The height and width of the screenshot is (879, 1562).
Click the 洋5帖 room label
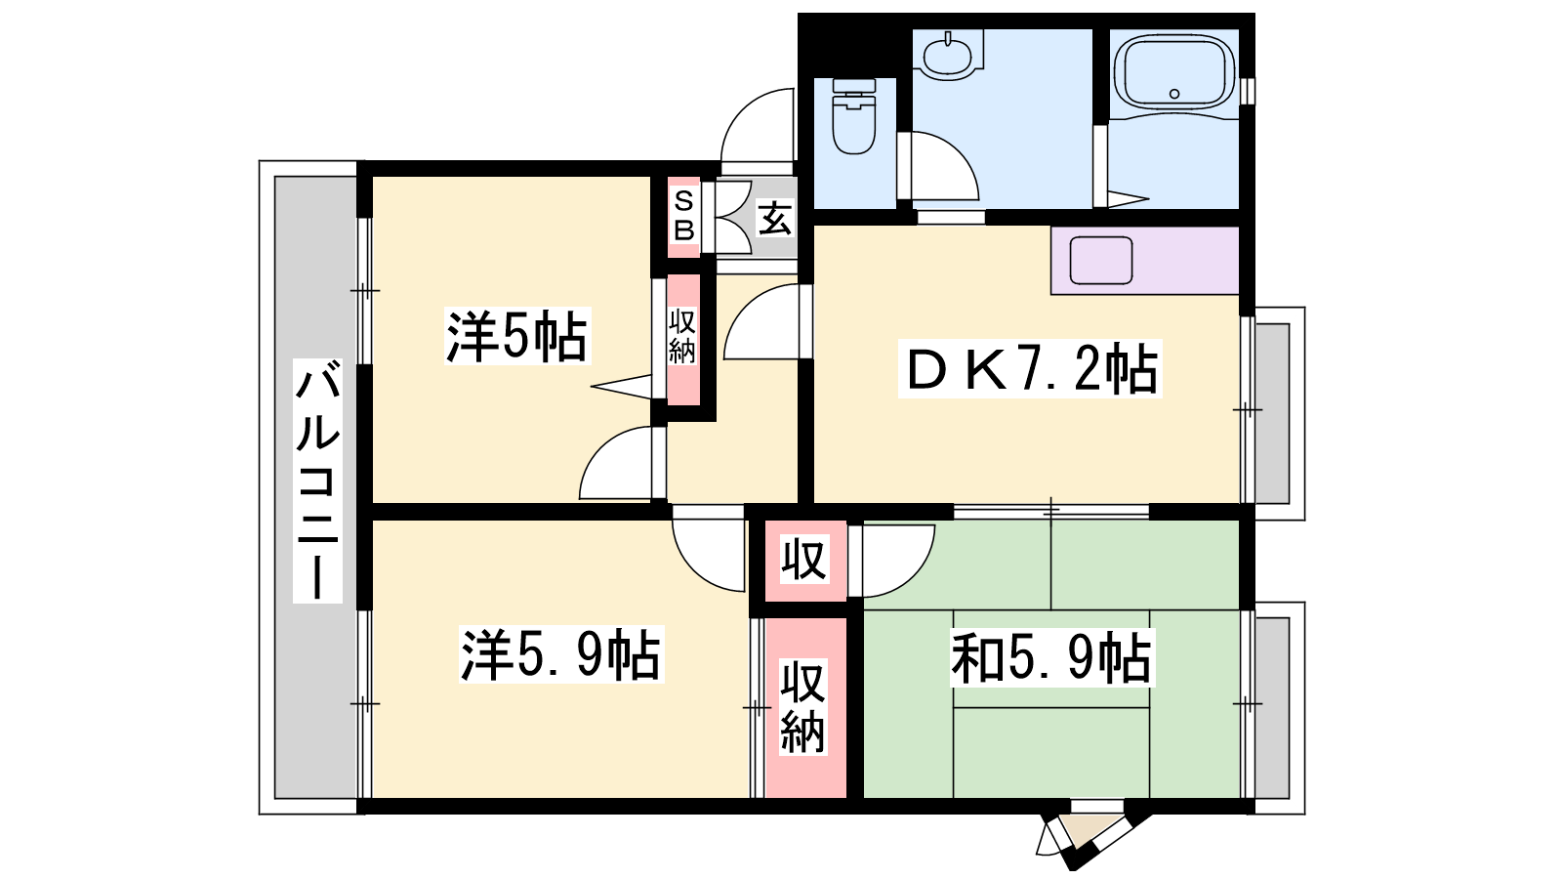click(x=516, y=336)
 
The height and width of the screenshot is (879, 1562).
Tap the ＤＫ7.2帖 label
click(x=1030, y=369)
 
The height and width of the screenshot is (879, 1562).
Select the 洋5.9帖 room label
click(x=560, y=654)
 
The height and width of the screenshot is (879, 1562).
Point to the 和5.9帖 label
click(x=1052, y=657)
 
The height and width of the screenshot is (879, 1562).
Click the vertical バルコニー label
click(x=317, y=481)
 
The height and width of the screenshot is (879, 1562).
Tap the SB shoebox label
click(x=684, y=216)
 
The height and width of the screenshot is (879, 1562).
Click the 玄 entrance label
click(x=775, y=219)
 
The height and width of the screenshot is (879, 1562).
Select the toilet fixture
click(x=854, y=116)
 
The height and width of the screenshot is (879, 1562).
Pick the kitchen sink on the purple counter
click(x=1101, y=260)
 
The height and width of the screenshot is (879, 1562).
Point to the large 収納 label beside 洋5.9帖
click(x=803, y=707)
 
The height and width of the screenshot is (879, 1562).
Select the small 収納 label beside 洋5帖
click(x=682, y=337)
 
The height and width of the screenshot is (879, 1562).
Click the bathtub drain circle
click(x=1174, y=94)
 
